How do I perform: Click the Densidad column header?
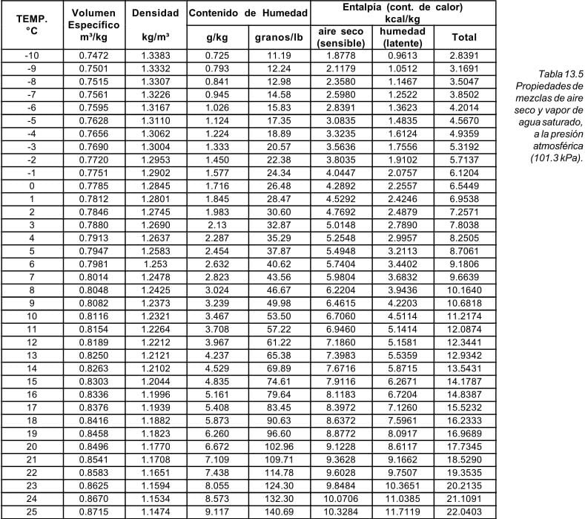(154, 14)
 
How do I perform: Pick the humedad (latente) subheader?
(402, 37)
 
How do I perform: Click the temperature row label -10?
(31, 56)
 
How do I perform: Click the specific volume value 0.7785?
(93, 186)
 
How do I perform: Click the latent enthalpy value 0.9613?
(402, 56)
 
